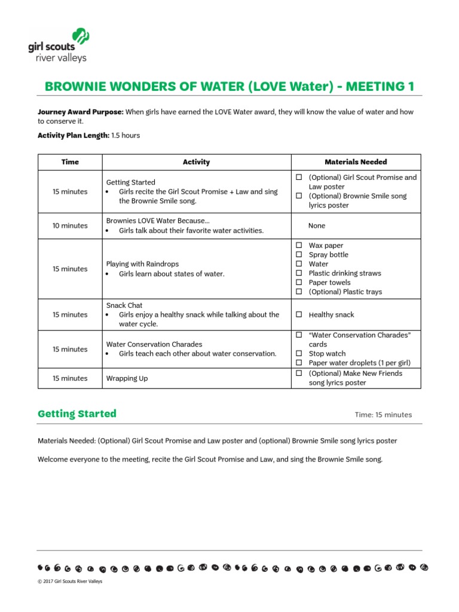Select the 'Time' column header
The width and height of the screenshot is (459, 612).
[x=70, y=162]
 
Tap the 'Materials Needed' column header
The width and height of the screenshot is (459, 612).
[x=356, y=162]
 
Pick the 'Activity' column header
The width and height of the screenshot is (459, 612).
[x=196, y=162]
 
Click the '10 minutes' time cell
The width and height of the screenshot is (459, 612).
[x=70, y=225]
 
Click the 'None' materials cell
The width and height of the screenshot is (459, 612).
[x=317, y=225]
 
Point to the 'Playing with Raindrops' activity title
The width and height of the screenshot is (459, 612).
[x=142, y=264]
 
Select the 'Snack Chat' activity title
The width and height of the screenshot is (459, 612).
[x=124, y=305]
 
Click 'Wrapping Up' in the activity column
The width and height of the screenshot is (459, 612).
[x=127, y=378]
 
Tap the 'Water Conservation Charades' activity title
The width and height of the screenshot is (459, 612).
[x=154, y=344]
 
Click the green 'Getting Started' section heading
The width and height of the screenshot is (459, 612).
[x=77, y=414]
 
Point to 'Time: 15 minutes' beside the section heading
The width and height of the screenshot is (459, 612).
[x=383, y=415]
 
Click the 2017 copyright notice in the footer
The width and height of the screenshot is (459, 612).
[x=70, y=582]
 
